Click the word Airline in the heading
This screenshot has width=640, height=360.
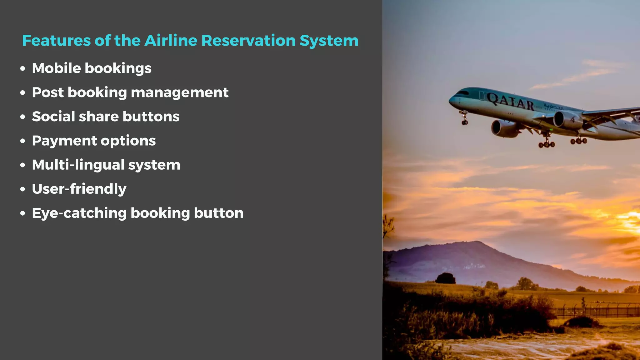click(171, 41)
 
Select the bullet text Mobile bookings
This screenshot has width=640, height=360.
click(92, 68)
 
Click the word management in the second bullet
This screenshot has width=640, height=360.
click(179, 92)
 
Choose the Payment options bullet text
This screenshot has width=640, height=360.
click(94, 141)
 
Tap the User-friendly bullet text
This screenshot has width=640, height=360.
click(79, 189)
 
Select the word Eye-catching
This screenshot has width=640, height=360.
click(79, 213)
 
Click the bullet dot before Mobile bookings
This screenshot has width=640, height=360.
click(22, 69)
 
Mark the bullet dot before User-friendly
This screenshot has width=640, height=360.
click(22, 189)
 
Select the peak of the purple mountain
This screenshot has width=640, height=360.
click(477, 242)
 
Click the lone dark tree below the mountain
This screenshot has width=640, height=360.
click(445, 278)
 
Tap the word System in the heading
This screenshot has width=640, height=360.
click(329, 41)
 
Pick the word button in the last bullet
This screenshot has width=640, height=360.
click(218, 213)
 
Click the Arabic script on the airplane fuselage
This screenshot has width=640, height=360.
click(553, 106)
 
